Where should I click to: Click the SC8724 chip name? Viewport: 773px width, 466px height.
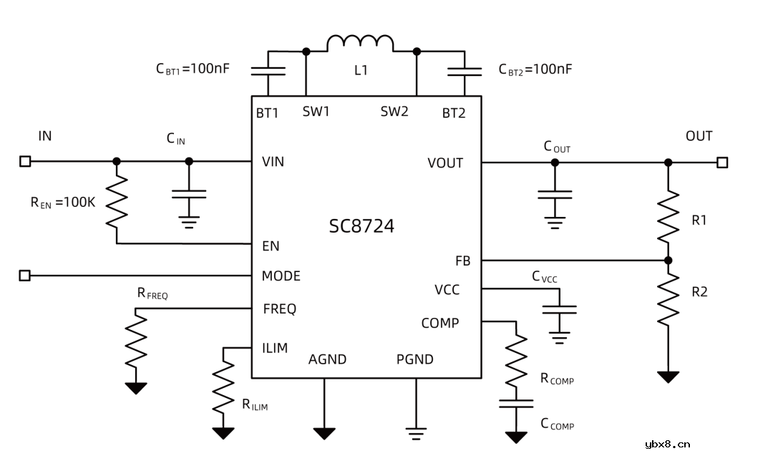pos(361,227)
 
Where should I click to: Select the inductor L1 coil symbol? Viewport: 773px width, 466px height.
pos(360,44)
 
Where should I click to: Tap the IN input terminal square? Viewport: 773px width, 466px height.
pos(25,162)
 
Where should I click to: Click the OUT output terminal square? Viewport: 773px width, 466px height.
pos(722,162)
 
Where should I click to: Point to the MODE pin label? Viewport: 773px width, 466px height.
pos(281,276)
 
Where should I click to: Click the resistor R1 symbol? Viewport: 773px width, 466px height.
pos(668,215)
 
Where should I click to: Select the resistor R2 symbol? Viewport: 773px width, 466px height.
pos(668,297)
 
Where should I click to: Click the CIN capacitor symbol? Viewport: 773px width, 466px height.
pos(189,194)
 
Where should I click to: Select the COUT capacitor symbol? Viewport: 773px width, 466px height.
pos(555,194)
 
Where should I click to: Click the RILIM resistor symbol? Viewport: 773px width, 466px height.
pos(224,386)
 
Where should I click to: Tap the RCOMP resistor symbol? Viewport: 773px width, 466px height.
pos(516,361)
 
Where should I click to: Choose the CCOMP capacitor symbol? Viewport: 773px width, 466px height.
pos(516,404)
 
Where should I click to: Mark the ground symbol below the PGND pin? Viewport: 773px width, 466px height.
pos(416,432)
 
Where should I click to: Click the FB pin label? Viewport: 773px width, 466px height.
pos(462,261)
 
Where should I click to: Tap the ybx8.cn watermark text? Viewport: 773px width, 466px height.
pos(667,445)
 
